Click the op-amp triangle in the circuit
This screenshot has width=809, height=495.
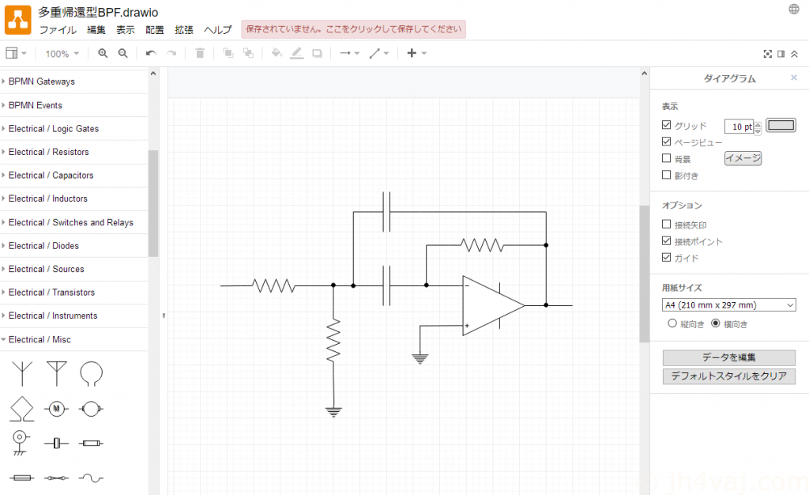click(493, 305)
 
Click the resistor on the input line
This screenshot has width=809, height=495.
click(273, 285)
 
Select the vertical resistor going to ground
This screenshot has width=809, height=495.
click(333, 340)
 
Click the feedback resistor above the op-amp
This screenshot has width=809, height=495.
click(482, 245)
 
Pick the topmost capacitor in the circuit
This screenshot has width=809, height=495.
click(386, 212)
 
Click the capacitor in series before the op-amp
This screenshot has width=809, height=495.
click(386, 285)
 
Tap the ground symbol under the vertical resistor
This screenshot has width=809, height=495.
click(334, 412)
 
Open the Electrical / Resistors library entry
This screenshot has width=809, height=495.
click(48, 152)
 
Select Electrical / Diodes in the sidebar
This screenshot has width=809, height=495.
click(43, 246)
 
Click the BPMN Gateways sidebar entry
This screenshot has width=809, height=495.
click(41, 81)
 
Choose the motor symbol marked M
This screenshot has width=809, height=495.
click(56, 409)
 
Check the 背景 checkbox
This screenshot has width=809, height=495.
click(667, 158)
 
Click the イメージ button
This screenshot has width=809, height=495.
click(743, 158)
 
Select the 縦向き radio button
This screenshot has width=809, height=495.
click(672, 323)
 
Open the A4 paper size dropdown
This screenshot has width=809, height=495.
click(728, 305)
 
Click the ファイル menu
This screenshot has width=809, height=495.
click(58, 30)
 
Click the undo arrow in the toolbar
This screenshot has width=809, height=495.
click(151, 53)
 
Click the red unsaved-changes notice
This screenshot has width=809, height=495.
click(353, 29)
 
